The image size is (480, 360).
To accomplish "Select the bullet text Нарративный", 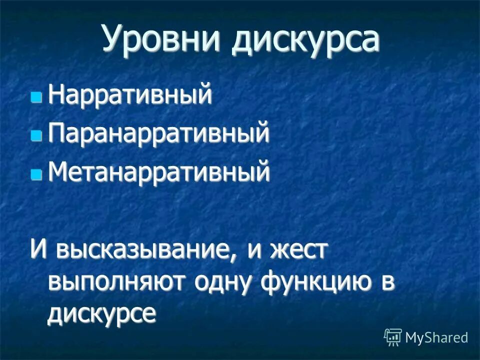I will tap(130, 95).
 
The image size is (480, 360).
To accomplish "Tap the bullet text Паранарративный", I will tap(159, 134).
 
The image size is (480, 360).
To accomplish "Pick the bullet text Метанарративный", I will tap(159, 173).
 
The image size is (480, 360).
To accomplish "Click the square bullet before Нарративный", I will tap(36, 96).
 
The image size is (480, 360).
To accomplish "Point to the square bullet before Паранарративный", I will tap(36, 135).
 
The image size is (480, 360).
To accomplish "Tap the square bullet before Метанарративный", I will tap(36, 174).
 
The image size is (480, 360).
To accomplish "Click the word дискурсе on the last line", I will tap(102, 314).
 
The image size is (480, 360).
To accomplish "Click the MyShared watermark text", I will tap(436, 337).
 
